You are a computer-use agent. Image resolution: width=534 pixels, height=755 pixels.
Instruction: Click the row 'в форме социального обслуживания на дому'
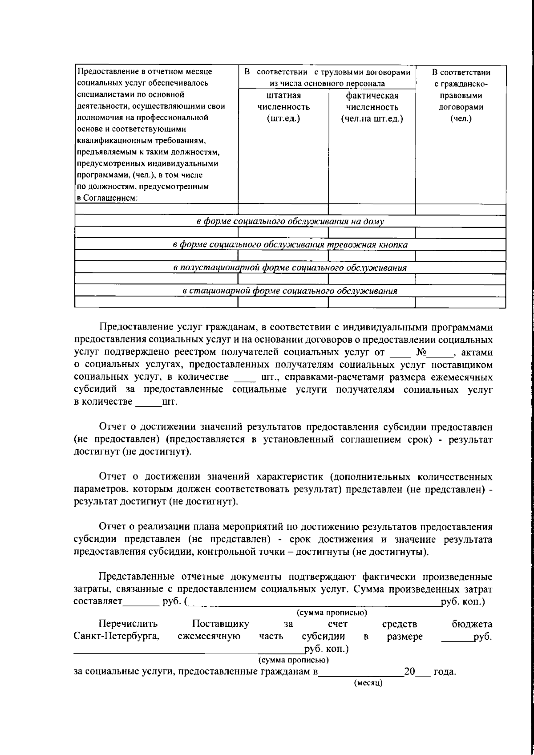pos(290,221)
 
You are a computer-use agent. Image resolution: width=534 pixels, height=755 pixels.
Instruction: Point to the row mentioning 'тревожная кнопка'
pos(290,244)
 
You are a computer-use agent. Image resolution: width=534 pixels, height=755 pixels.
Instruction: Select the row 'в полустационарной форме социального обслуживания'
pos(290,268)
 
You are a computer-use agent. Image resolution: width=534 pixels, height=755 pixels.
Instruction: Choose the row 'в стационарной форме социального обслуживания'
pos(290,291)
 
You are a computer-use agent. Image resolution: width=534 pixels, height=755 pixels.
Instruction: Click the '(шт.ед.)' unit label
pos(283,118)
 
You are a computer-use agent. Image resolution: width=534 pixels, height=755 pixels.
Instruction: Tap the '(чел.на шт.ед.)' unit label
pos(372,118)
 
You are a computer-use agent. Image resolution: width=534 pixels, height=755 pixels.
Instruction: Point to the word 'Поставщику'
pos(220,624)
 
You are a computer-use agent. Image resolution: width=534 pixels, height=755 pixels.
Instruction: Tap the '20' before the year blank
pos(409,671)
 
